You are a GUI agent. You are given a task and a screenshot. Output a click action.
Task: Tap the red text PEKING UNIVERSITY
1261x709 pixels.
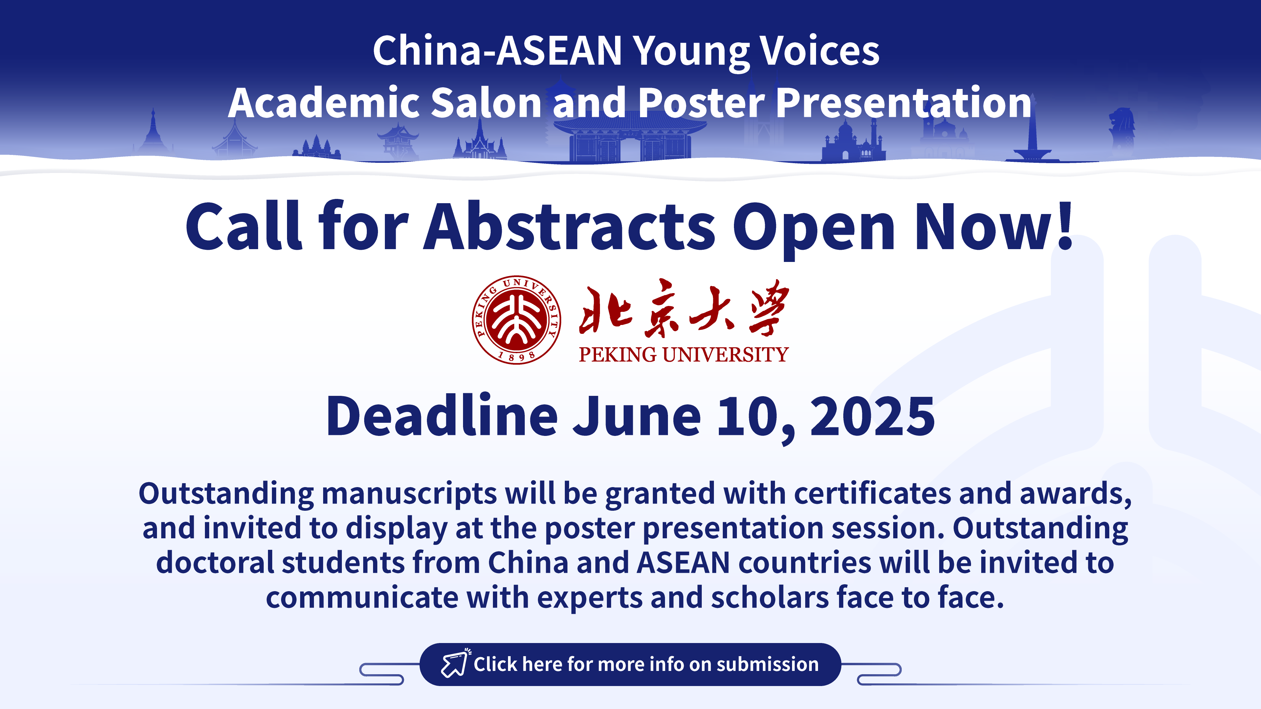tap(683, 354)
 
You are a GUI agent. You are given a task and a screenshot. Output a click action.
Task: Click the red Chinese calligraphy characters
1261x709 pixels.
tap(684, 308)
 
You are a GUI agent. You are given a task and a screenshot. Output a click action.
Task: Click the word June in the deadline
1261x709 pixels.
tap(637, 417)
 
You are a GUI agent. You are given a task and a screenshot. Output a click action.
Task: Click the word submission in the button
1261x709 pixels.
tap(767, 664)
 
